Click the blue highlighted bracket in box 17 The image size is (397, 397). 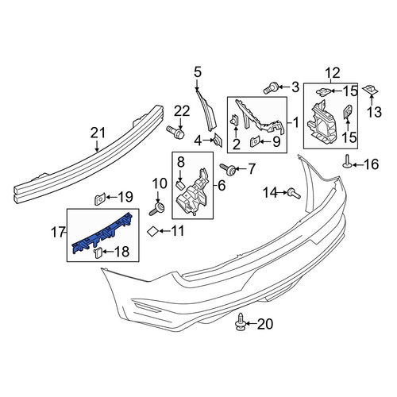pos(101,233)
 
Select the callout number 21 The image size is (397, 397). pos(98,133)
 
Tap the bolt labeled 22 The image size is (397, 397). pos(175,132)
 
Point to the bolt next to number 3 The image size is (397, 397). pos(271,88)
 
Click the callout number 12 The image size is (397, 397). pos(333,73)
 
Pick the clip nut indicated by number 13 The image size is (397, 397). pos(372,90)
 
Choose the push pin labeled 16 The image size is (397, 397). pos(347,162)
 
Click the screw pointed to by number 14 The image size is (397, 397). pos(293,193)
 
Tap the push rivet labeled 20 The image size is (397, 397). pos(240,322)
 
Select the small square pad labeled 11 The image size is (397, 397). pos(152,232)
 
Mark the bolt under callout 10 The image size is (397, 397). pos(157,209)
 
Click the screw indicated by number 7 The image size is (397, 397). pos(228,169)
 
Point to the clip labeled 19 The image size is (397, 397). pos(100,199)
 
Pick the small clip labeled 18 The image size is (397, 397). pos(98,252)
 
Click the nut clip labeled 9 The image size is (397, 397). pos(255,142)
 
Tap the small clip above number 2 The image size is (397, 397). pos(235,121)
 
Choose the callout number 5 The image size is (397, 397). pos(198,72)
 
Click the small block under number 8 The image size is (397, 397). pos(180,184)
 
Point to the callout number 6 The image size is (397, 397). pos(222,186)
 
